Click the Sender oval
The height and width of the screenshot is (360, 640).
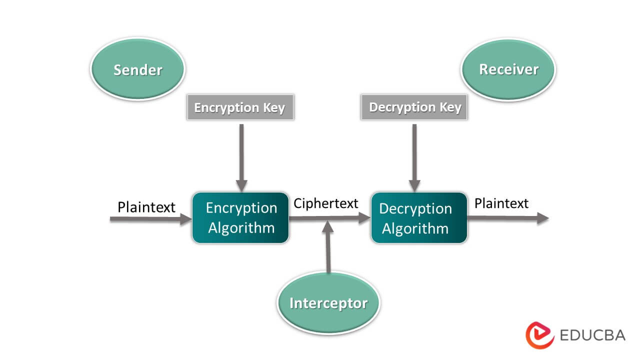[x=137, y=69]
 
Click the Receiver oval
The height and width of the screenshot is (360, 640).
[x=508, y=69]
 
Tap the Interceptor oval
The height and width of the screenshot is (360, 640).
[x=328, y=303]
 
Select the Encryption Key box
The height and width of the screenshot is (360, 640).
[x=240, y=107]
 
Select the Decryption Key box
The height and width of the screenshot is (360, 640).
[x=414, y=107]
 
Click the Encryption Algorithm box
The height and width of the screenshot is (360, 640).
[x=240, y=217]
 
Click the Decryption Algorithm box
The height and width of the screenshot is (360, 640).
[x=419, y=218]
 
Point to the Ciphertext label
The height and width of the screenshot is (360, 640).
[x=326, y=203]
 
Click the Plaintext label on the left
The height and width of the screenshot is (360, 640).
[x=146, y=206]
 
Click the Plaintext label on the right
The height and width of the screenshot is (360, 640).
[x=501, y=203]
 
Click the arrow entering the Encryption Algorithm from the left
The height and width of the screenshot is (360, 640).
[x=150, y=218]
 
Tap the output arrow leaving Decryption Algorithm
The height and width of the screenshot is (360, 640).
[x=507, y=218]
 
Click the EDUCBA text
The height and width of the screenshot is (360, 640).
[x=592, y=335]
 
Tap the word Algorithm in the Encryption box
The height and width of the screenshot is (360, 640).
[x=241, y=228]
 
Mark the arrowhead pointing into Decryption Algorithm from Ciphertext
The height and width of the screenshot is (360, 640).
[x=363, y=218]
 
